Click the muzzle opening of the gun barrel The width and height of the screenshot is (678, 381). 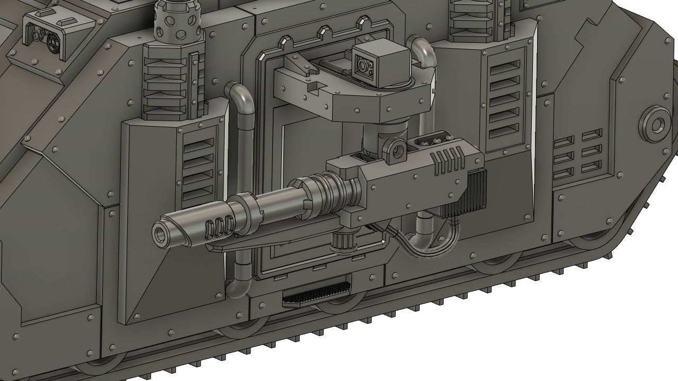[x=161, y=233]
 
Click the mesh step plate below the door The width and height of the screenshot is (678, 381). [x=317, y=296]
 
